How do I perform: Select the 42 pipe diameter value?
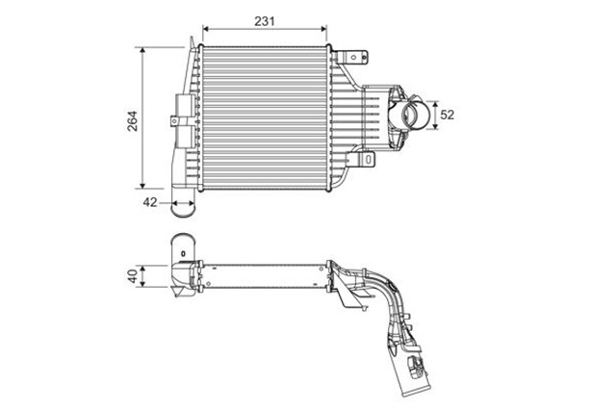pos(150,202)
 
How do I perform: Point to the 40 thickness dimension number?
pos(133,276)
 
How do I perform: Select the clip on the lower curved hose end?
pos(416,364)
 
